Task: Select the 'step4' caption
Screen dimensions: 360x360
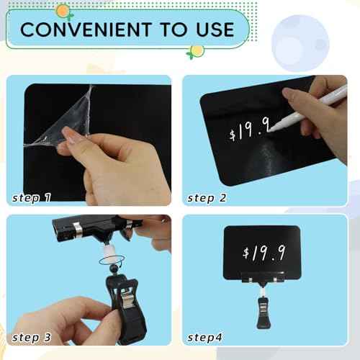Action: [209, 338]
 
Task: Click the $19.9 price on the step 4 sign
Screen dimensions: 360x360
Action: [266, 252]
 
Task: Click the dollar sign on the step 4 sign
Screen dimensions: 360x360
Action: [247, 253]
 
